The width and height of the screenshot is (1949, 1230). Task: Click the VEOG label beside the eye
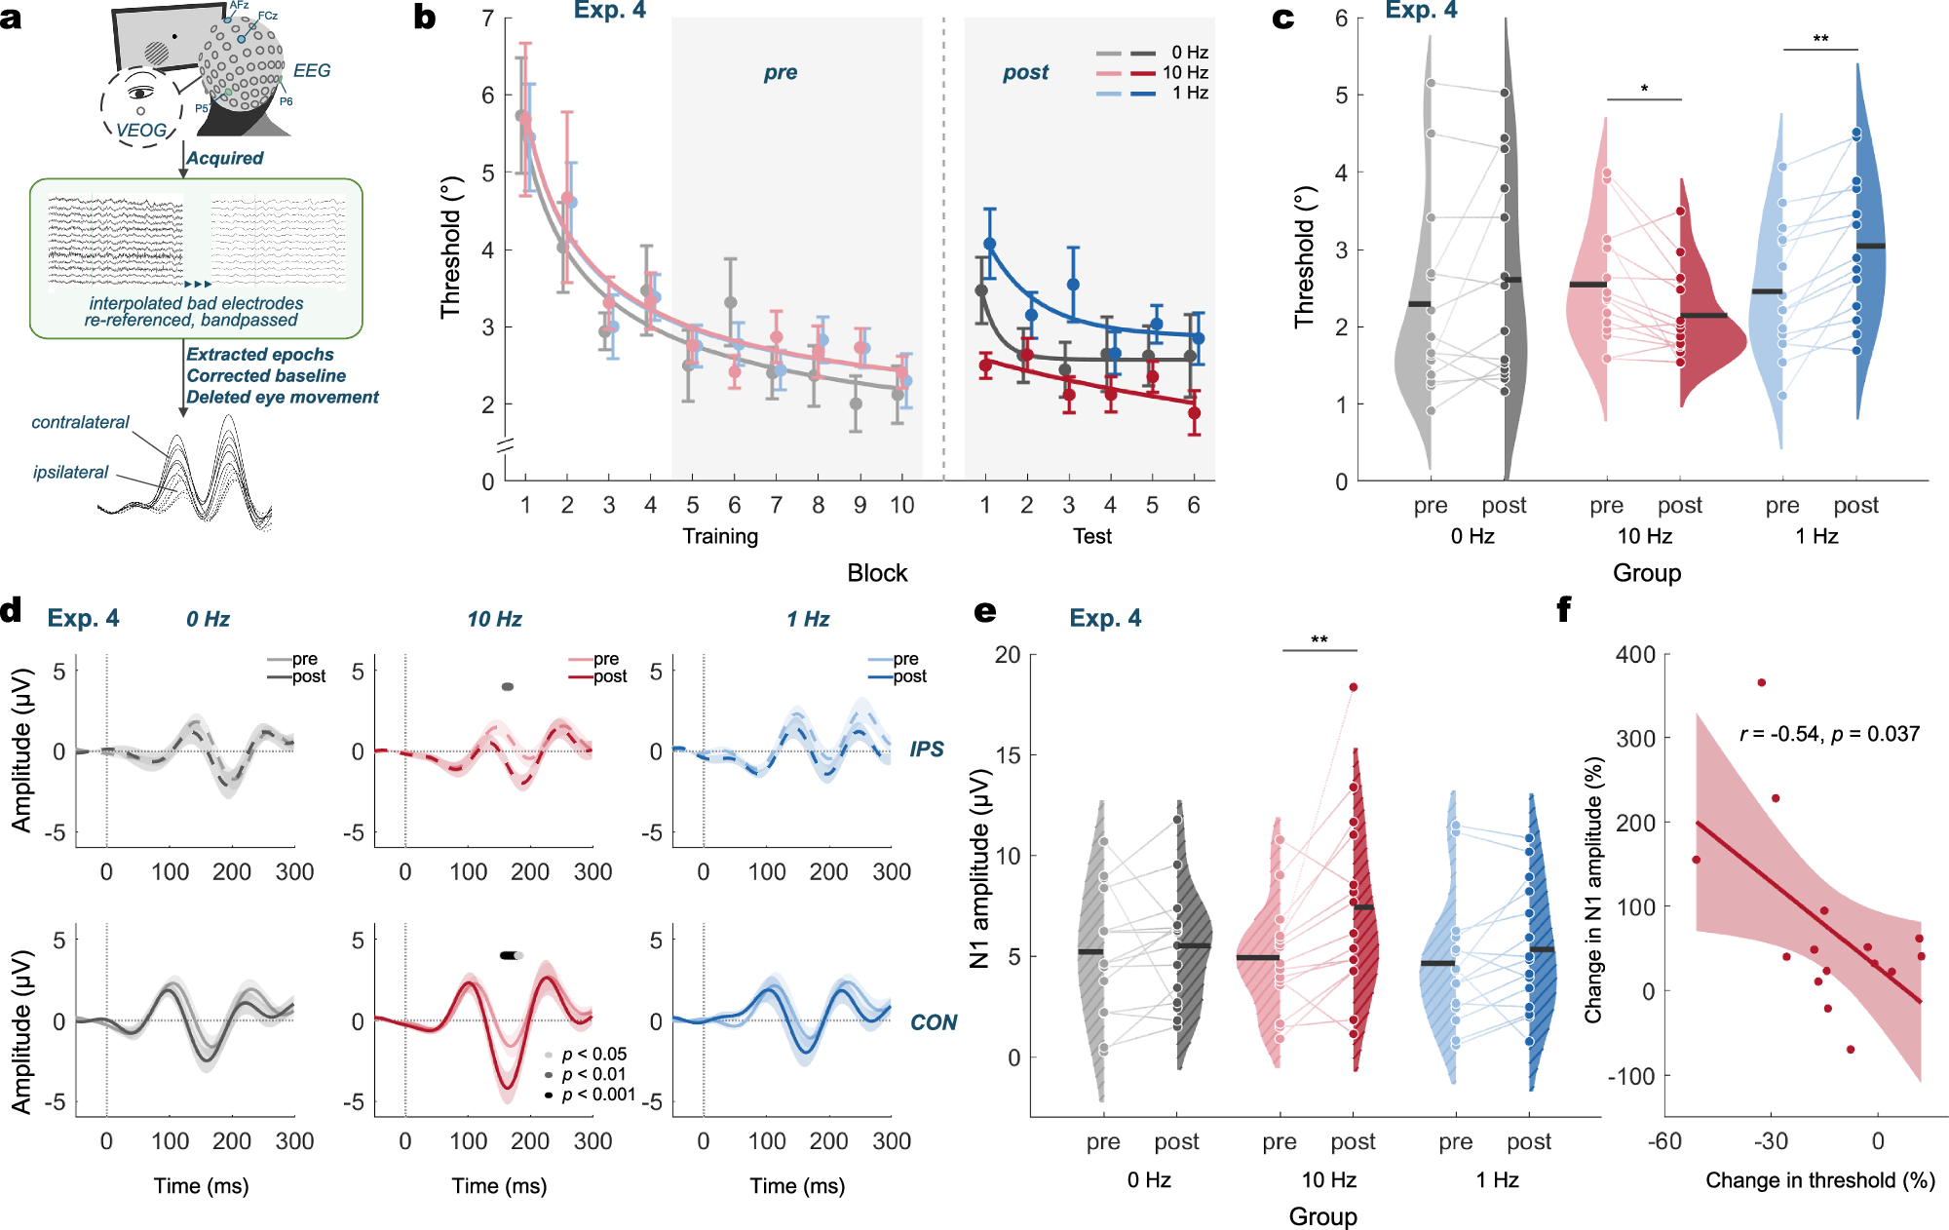[x=142, y=130]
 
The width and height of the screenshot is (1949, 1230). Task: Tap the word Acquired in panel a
[x=225, y=158]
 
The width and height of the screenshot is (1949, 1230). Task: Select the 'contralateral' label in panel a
[x=80, y=422]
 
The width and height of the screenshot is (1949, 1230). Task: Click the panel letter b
[x=425, y=17]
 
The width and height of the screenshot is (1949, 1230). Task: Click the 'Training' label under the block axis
[x=720, y=536]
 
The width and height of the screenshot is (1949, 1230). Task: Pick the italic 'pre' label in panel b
[x=780, y=72]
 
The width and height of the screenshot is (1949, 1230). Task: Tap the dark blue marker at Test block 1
[x=990, y=244]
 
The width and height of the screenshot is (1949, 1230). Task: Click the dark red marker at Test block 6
[x=1194, y=413]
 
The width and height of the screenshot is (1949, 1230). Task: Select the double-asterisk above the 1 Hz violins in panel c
[x=1820, y=39]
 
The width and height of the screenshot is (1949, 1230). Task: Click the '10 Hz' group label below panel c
[x=1645, y=536]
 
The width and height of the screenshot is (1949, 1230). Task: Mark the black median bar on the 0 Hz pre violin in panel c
[x=1420, y=304]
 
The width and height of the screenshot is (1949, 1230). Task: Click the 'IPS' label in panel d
[x=927, y=749]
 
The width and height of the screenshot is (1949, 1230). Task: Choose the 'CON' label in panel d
[x=933, y=1022]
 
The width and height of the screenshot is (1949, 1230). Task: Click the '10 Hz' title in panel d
[x=494, y=619]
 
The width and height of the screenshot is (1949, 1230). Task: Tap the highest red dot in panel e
[x=1354, y=687]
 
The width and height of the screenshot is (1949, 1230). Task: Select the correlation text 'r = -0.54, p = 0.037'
[x=1829, y=734]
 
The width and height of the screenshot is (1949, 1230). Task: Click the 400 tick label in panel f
[x=1636, y=654]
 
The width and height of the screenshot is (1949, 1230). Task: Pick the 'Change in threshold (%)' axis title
[x=1819, y=1180]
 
